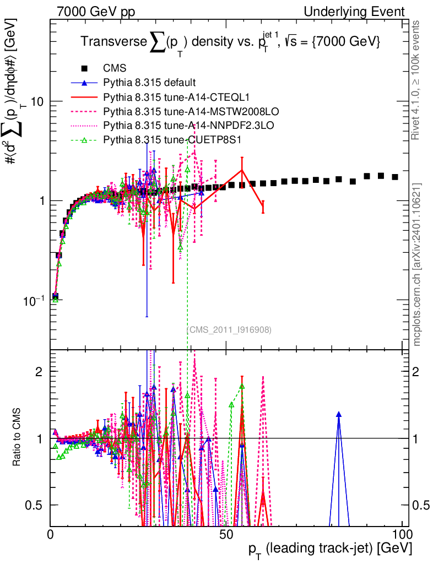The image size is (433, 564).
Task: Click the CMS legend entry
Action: (115, 69)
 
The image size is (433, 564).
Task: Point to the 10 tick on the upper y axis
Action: (36, 102)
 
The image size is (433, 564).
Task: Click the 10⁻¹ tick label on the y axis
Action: (33, 301)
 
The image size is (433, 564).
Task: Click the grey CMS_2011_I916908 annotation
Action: (229, 329)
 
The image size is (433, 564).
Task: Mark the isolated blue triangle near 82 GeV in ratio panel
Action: (339, 414)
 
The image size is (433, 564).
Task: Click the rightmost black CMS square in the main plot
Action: (395, 177)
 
